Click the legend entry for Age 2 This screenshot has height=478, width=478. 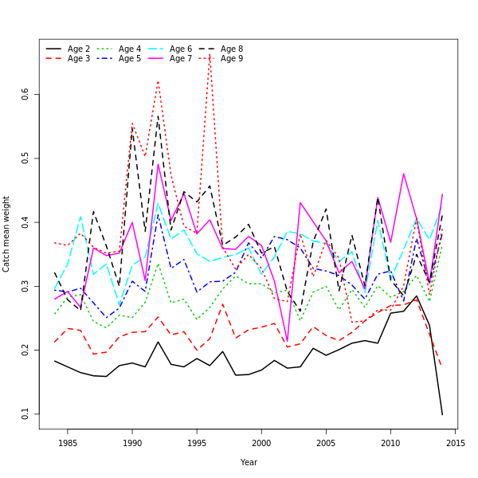[79, 49]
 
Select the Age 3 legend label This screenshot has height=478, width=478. [79, 59]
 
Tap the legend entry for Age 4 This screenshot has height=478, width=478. [130, 49]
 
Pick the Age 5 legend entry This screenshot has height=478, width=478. [130, 59]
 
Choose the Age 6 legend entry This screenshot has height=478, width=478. [181, 49]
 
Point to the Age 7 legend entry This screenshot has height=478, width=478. [181, 59]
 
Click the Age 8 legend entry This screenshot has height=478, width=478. [232, 49]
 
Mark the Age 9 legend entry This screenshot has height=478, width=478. [232, 59]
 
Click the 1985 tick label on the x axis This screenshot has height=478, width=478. [68, 442]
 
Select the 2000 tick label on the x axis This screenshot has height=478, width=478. [261, 442]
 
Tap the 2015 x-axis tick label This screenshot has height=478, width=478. [455, 442]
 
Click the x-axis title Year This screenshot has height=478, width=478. [249, 462]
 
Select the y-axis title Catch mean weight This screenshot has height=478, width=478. [7, 233]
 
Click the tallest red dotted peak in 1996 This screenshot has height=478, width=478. [210, 53]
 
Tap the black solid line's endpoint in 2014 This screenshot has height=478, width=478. [442, 414]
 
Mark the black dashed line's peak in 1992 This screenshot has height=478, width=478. [158, 116]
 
